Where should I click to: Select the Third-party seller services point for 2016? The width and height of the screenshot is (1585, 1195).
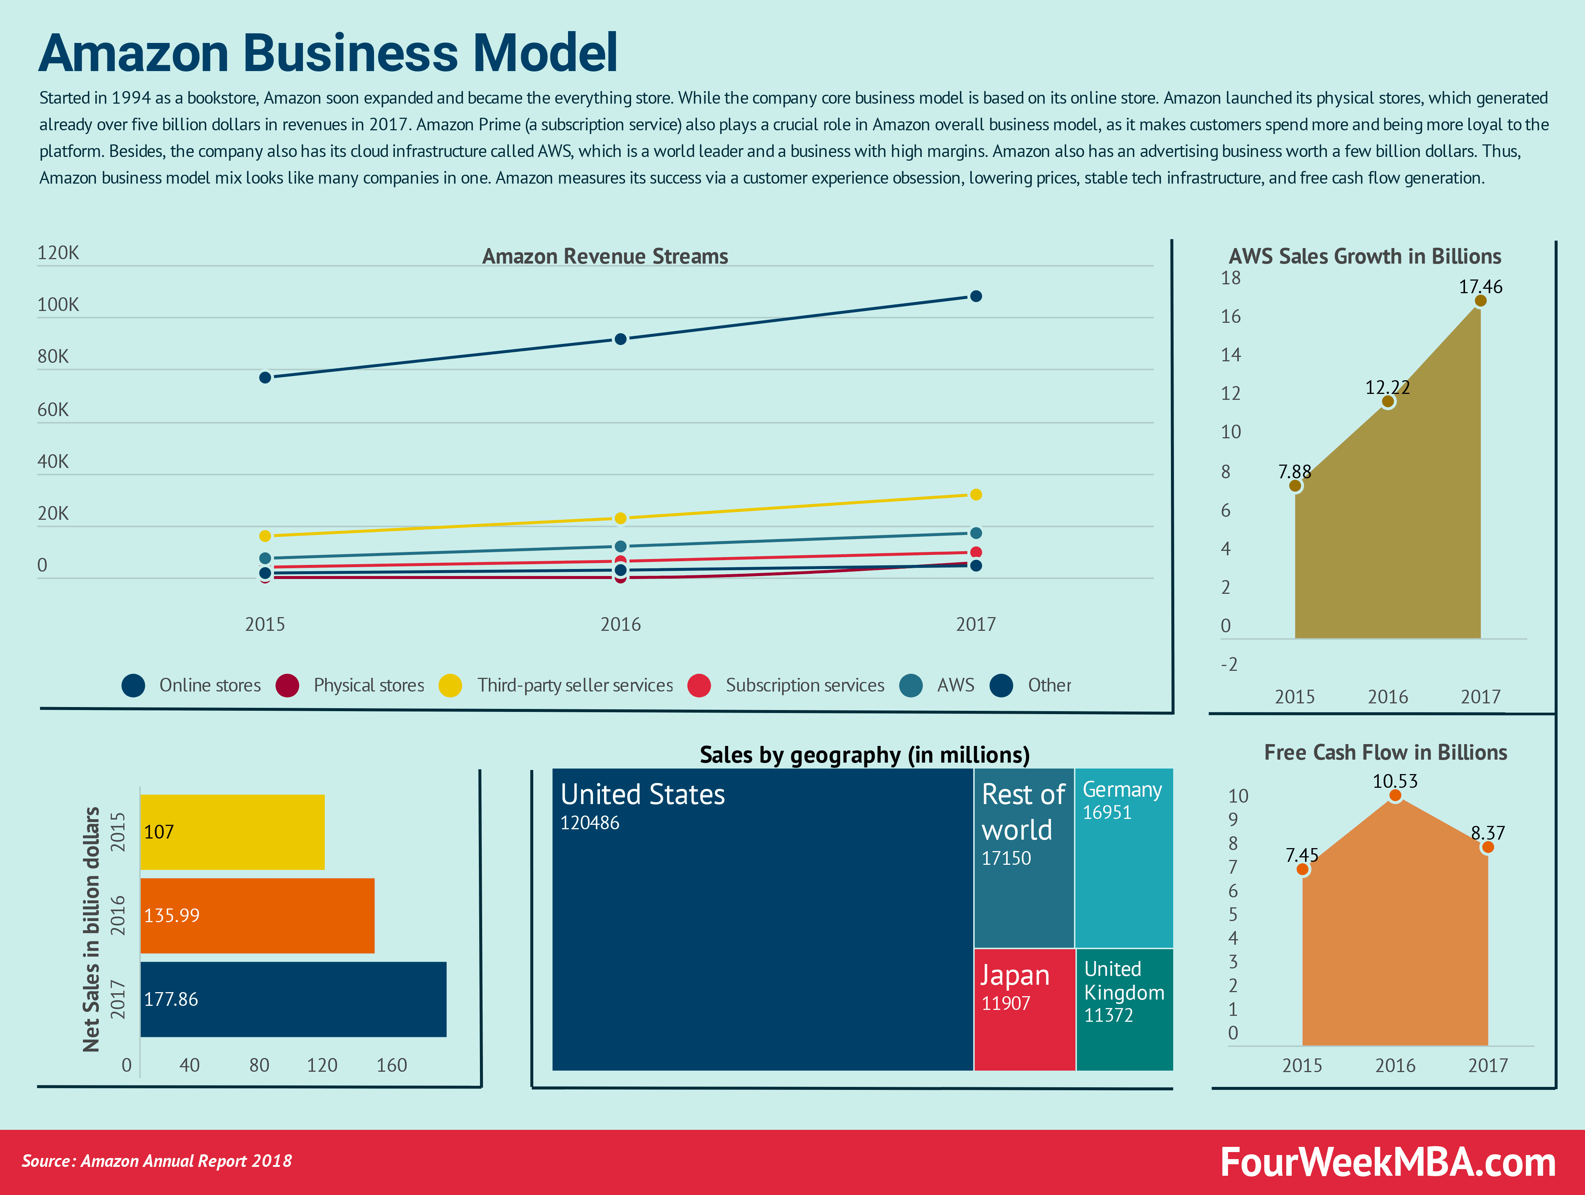coord(621,518)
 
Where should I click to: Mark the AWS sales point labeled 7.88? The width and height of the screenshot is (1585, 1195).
coord(1295,486)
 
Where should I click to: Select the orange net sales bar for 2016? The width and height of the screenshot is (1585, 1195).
coord(257,916)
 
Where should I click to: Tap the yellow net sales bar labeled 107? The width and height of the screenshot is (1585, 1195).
coord(232,832)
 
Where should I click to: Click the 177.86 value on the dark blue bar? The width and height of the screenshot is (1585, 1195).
coord(171,1000)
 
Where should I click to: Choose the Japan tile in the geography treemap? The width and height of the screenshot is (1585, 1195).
coord(1024,1009)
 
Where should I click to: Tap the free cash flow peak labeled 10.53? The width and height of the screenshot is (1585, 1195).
coord(1394,795)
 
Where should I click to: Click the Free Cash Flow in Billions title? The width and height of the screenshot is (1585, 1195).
coord(1385,752)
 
